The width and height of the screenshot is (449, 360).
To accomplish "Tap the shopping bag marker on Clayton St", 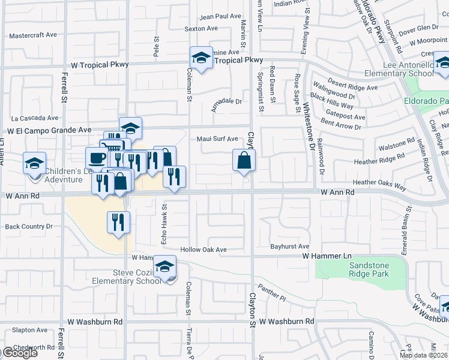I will tap(244, 160).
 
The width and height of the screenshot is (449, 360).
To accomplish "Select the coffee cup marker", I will tap(96, 158).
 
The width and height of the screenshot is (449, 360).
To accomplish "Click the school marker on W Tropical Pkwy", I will tap(201, 58).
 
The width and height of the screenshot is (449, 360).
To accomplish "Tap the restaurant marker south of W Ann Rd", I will tap(117, 222).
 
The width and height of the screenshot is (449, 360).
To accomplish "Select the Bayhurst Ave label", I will tap(289, 247).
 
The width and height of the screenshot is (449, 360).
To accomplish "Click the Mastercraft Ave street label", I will tap(34, 35).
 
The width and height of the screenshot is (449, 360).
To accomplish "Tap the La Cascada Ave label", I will tap(35, 118).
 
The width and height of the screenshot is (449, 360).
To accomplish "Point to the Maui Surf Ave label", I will tap(218, 139).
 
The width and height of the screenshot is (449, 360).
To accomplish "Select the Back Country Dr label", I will tap(29, 227).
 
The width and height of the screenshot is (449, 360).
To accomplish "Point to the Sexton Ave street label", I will tap(201, 28).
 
